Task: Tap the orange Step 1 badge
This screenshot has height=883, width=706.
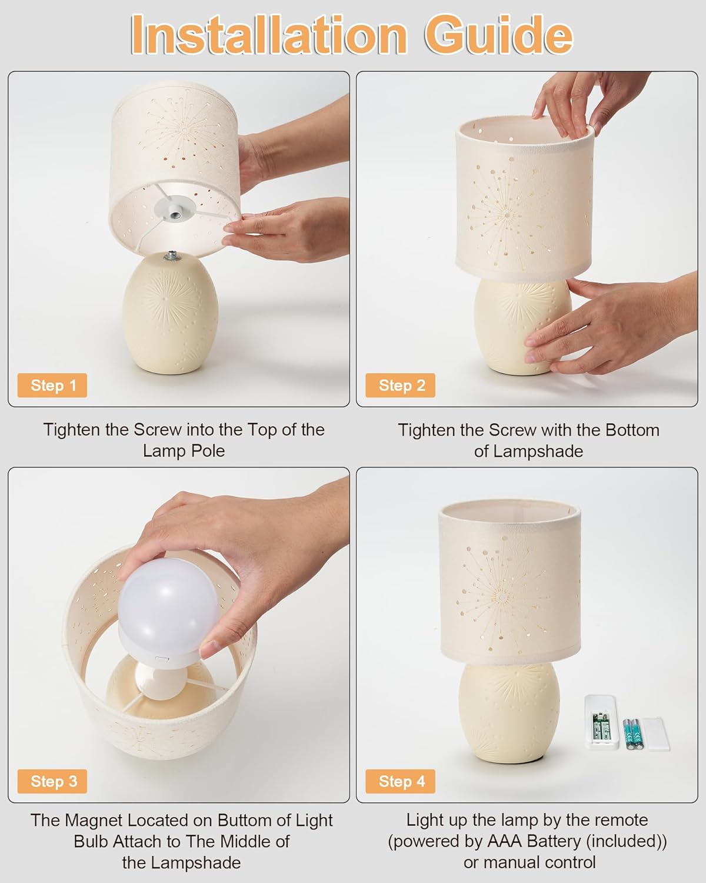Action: pos(52,386)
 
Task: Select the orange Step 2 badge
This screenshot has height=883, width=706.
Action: pos(401,386)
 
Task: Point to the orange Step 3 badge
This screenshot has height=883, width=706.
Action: pos(52,781)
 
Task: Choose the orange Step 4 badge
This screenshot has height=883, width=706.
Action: pos(401,781)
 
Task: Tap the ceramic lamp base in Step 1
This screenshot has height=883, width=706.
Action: pos(170,314)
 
